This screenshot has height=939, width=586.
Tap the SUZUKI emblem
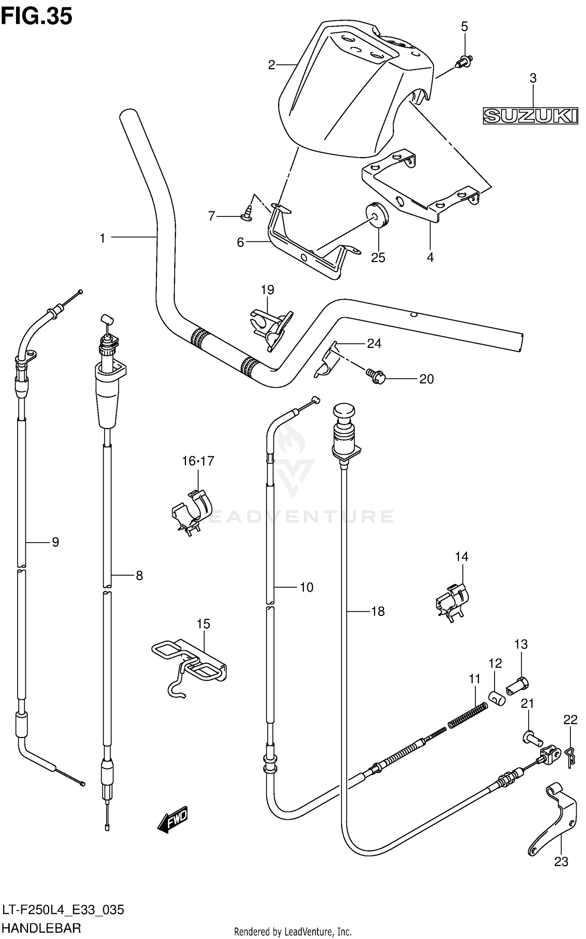[530, 116]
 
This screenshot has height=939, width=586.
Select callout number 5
[464, 27]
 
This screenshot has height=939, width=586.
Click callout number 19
[268, 290]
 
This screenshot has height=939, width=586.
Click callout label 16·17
[198, 461]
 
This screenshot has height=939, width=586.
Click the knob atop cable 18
[344, 412]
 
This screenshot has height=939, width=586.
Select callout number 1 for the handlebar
[102, 238]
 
